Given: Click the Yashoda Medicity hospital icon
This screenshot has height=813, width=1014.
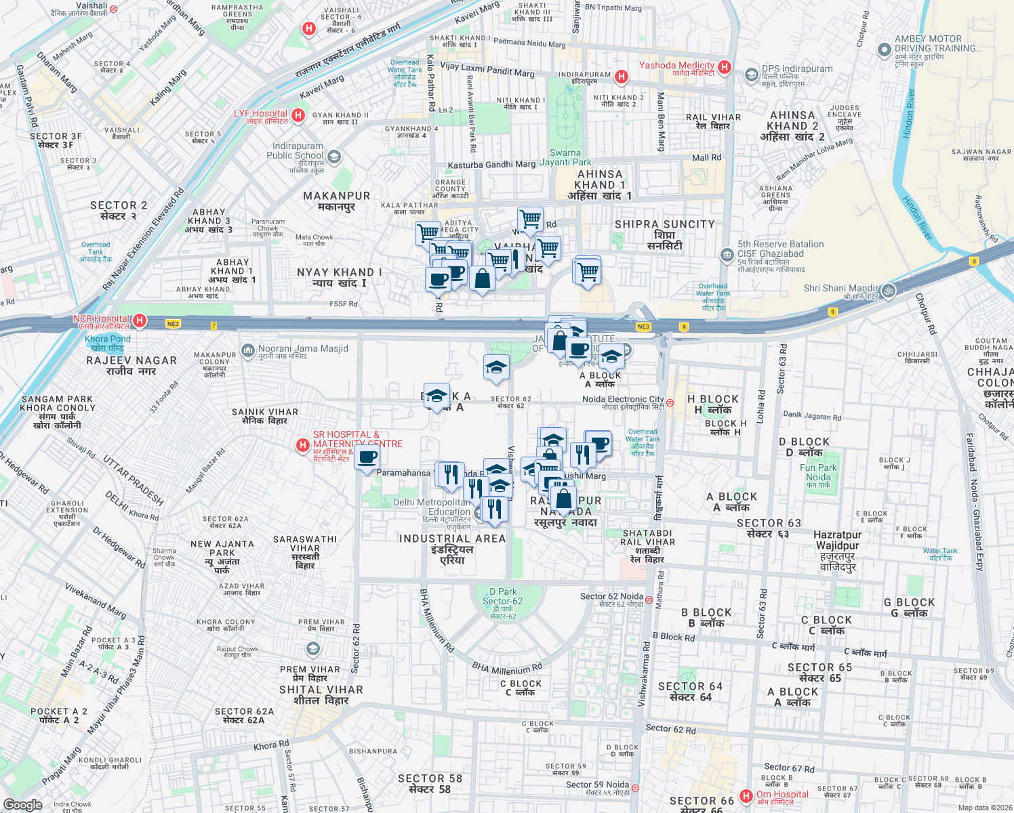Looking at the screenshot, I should [725, 67].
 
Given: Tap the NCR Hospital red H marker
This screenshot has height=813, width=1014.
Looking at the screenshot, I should [140, 320].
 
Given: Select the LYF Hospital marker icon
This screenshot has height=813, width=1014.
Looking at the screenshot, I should [298, 115].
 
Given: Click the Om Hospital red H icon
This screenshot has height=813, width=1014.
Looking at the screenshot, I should [746, 795].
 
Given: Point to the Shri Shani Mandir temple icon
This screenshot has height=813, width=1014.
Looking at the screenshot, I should [889, 291].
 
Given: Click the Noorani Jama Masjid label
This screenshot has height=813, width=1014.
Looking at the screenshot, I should [303, 349].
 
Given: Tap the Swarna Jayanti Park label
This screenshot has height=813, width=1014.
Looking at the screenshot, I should [565, 158].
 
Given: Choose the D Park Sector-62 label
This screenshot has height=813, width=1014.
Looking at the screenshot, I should [502, 602].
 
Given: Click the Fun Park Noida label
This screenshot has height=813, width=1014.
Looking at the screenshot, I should [818, 472].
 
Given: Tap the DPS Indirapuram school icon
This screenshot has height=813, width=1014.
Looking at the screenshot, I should [751, 75].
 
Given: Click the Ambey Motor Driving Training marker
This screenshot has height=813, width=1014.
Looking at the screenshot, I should [884, 50].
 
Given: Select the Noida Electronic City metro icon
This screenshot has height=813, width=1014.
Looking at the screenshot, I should [670, 402].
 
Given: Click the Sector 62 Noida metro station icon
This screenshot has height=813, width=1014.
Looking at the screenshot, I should [649, 600].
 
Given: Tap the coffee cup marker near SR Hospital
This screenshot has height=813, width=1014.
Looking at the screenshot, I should [367, 458].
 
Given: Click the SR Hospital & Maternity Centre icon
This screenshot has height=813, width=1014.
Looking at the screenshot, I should [303, 445].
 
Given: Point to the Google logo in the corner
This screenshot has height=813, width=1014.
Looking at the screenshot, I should [23, 804].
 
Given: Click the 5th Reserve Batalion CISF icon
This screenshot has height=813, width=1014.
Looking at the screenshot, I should [727, 255].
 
